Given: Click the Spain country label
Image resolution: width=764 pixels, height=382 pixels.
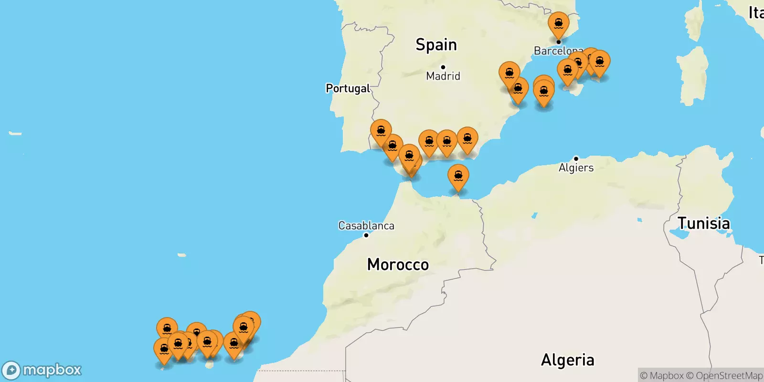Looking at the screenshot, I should pos(436,45).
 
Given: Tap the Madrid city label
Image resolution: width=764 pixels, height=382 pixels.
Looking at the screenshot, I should pos(443,76).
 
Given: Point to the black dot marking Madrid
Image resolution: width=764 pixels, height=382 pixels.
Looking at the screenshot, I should pos(443,67).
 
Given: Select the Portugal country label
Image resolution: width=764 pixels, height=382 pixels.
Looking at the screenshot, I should pos(348,88).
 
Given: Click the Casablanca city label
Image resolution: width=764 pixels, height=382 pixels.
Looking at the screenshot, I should pos(366,225).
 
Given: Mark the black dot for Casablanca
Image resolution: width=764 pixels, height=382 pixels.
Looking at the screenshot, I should pos(366,235).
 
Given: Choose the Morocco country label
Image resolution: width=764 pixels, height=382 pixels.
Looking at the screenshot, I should pos(398,265).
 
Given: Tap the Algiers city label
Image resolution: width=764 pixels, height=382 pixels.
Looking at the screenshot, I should pos(576,168).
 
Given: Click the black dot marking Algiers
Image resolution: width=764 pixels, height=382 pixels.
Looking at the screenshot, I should pos(576,159).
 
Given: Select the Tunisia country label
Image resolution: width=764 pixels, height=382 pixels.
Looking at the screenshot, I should pos(703,223).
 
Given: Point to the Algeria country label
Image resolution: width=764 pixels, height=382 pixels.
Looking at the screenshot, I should pos(567,360).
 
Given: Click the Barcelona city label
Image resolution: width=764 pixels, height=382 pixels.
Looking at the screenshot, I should pos(556,51).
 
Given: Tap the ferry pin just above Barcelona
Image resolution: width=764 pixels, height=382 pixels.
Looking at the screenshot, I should pos(559,24).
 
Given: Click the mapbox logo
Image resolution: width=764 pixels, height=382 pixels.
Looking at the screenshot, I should pos(42,370).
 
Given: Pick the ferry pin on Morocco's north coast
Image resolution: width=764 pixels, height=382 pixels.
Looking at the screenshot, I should pos(458,177).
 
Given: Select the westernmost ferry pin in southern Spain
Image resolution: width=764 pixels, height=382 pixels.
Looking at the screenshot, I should pos(381,132).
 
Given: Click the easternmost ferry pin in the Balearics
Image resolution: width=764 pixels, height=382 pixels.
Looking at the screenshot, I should pos(600,63).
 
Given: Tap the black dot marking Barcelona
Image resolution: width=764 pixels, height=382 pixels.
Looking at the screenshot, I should pos(558,42).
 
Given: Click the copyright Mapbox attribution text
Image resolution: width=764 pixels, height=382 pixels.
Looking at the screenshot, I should pos(662,376).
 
